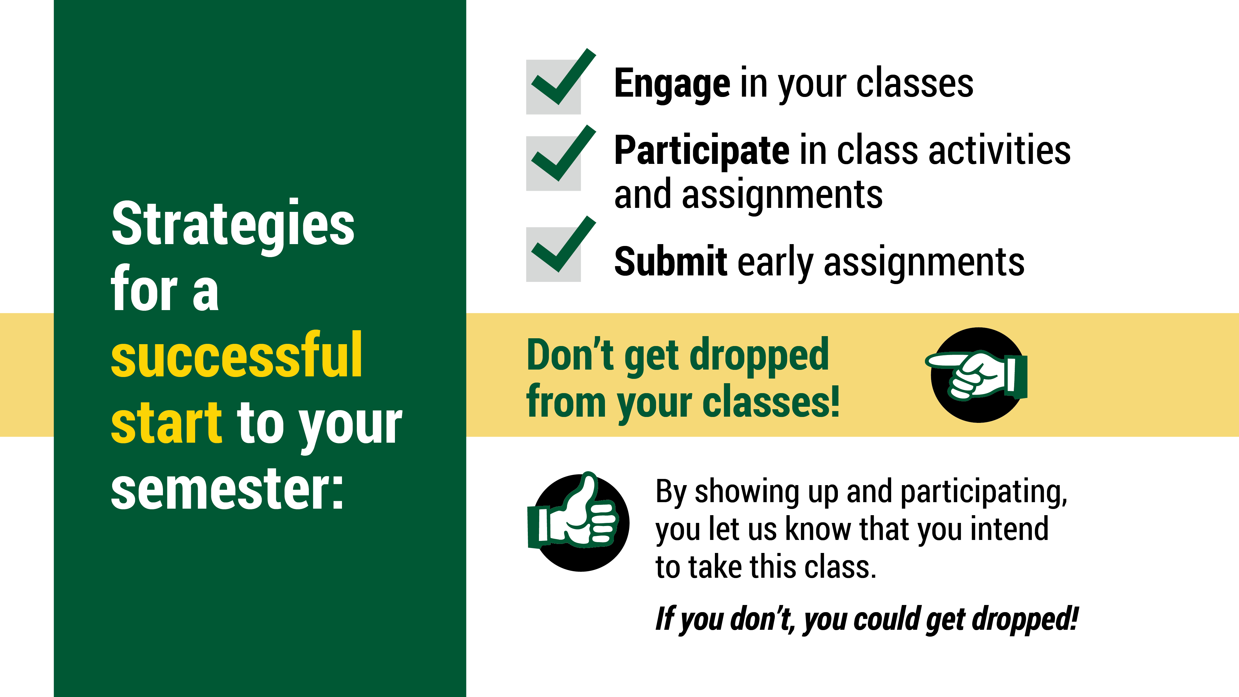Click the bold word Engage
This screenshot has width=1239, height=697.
(672, 85)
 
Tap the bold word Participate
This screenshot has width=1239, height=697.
(702, 151)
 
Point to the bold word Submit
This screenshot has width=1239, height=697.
(671, 262)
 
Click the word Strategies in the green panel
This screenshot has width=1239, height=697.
(233, 226)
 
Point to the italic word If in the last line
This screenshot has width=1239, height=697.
(666, 618)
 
